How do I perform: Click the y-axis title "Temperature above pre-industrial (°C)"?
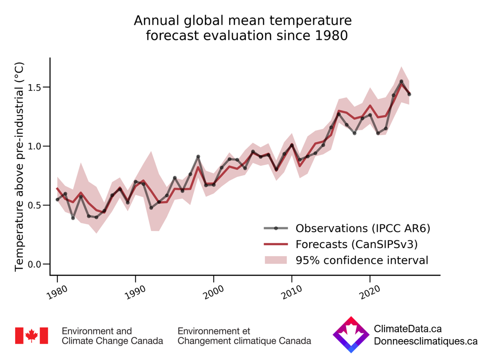[19, 166]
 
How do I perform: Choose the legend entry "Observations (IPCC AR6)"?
[363, 228]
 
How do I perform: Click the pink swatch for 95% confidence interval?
[276, 260]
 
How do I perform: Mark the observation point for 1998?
[198, 157]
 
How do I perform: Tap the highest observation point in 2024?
[401, 81]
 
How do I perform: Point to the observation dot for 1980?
[57, 199]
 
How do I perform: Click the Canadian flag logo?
[31, 335]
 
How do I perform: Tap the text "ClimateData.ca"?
[408, 329]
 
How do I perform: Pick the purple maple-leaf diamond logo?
[351, 334]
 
